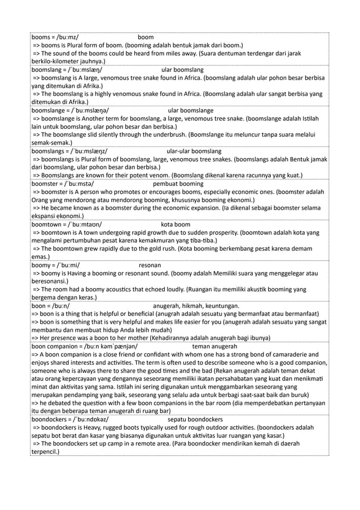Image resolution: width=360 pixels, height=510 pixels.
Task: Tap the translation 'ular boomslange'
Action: [x=191, y=111]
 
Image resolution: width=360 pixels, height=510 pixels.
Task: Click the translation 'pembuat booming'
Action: [x=178, y=184]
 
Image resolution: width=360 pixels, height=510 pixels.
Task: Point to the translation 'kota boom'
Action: [x=175, y=224]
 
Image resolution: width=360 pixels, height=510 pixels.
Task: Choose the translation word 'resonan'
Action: [x=150, y=265]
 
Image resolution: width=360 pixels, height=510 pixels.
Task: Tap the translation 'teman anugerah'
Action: [x=214, y=346]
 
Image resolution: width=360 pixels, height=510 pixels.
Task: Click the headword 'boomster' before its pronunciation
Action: [x=45, y=184]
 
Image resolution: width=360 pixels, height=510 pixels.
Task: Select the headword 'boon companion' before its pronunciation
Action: [x=54, y=346]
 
